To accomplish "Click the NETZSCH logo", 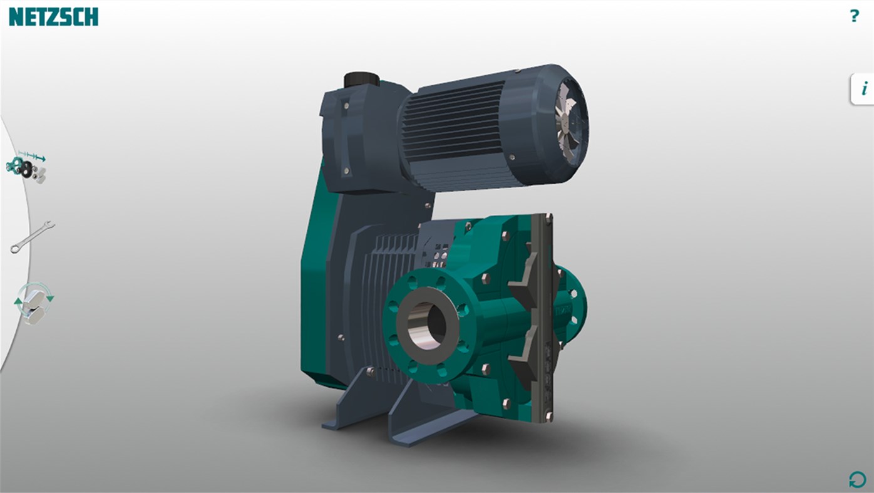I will click(53, 17).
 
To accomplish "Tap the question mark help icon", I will click(854, 16).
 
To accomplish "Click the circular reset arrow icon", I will click(856, 480).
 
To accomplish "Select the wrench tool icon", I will click(33, 237).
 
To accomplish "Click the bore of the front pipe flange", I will click(427, 324).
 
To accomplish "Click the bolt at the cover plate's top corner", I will click(549, 218).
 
